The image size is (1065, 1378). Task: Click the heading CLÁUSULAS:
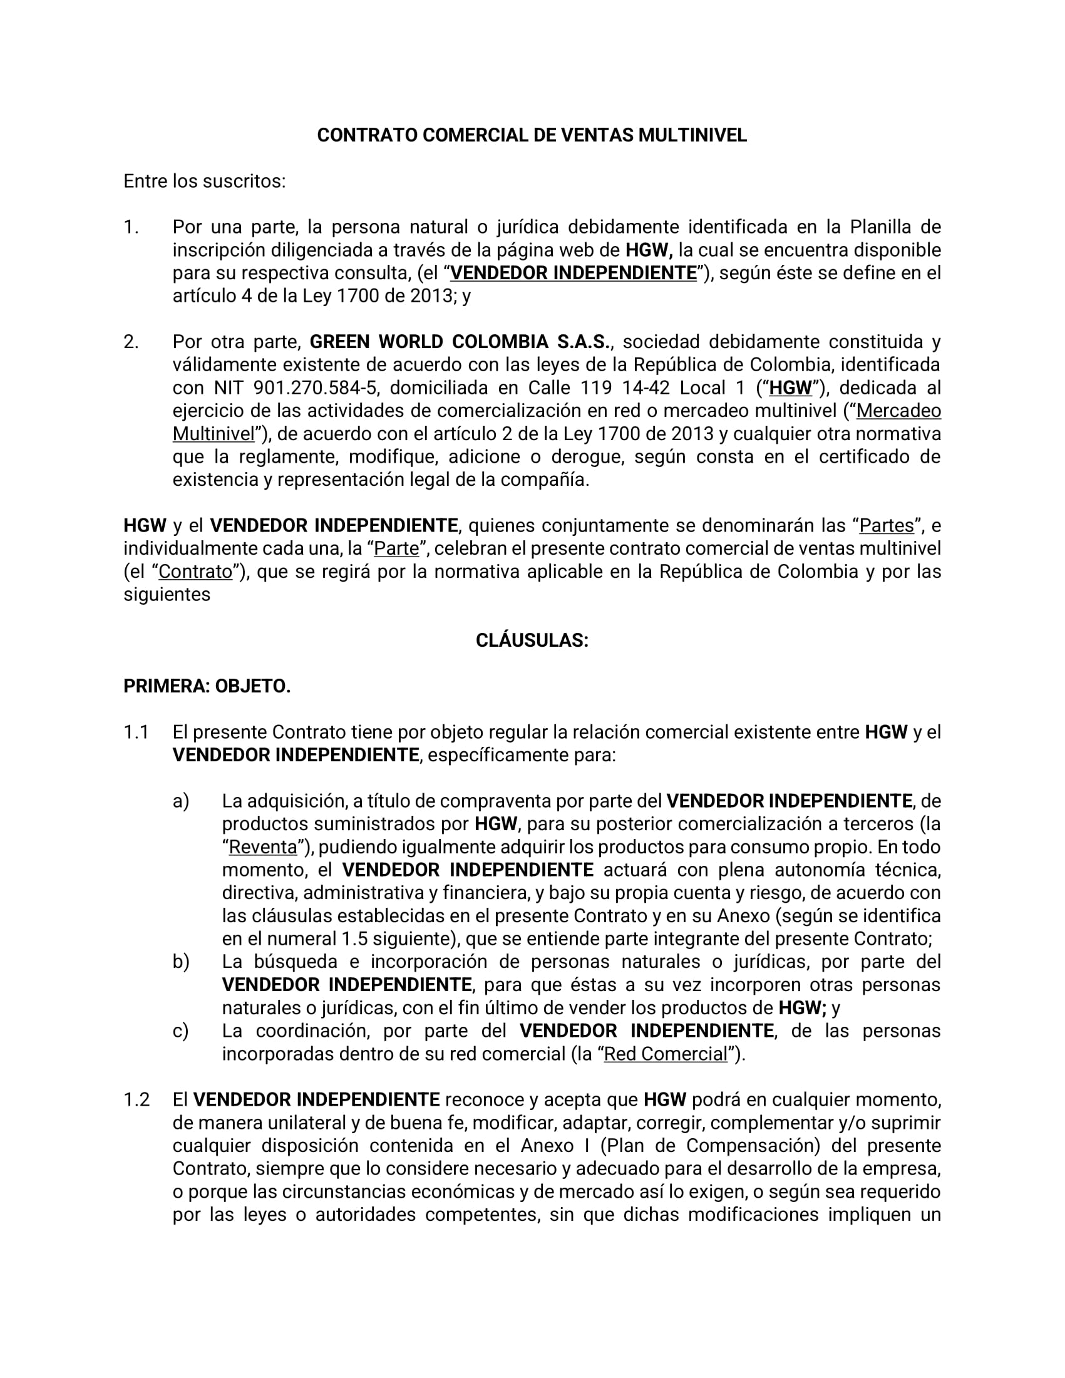(532, 640)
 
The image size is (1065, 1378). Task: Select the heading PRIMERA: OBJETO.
(207, 686)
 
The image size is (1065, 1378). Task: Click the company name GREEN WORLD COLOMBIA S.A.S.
(461, 342)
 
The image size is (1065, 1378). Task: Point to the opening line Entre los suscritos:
(204, 182)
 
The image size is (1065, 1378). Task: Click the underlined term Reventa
(262, 846)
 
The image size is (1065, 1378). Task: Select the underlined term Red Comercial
(666, 1054)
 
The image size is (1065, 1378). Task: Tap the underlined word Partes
(887, 525)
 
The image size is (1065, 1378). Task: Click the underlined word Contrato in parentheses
(195, 572)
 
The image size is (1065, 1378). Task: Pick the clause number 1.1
(136, 733)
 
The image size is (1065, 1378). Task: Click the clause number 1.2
(136, 1100)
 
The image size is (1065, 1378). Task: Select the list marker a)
(181, 801)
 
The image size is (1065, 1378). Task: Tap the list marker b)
(181, 962)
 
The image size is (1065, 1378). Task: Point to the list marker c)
(180, 1031)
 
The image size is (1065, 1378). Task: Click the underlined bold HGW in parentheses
(790, 388)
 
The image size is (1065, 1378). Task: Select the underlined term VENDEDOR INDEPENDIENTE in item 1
(574, 273)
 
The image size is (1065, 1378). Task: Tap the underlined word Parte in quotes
(396, 549)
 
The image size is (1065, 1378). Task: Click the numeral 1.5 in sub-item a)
(354, 939)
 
